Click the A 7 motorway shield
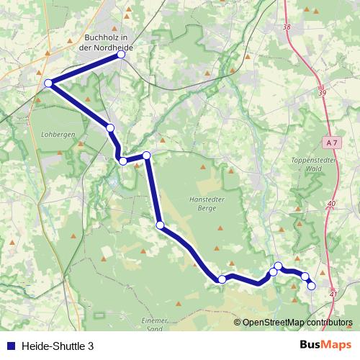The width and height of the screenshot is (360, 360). pyautogui.click(x=330, y=143)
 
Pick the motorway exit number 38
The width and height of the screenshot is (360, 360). pyautogui.click(x=287, y=27)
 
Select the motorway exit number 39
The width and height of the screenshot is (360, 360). pyautogui.click(x=322, y=94)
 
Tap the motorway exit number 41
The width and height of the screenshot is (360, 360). pyautogui.click(x=333, y=294)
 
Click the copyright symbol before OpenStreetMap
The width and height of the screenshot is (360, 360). pyautogui.click(x=238, y=322)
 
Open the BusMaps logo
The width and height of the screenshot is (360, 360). pyautogui.click(x=325, y=346)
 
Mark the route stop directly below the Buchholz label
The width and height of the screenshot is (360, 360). pyautogui.click(x=121, y=55)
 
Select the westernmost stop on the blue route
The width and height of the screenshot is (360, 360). pyautogui.click(x=48, y=84)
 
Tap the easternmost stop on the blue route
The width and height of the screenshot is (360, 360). pyautogui.click(x=312, y=286)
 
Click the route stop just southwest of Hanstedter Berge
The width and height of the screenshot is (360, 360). pyautogui.click(x=160, y=225)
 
